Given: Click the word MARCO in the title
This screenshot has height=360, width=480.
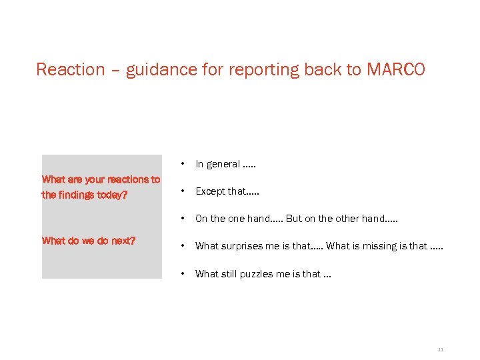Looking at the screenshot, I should tap(395, 69).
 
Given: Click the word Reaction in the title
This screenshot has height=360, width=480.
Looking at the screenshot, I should tap(71, 69).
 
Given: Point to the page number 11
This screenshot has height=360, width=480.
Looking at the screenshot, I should tap(441, 349).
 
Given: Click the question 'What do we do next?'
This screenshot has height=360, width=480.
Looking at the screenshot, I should tap(89, 241).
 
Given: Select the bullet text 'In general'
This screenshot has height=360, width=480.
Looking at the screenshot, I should tap(217, 164).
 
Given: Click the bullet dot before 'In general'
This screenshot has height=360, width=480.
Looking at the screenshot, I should tap(182, 164).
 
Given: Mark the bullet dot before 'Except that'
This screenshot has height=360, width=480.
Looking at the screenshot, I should tap(182, 191).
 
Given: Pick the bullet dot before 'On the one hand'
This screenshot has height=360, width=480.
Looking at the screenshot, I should tap(182, 219).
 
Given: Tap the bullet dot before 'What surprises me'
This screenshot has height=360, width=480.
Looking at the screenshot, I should tap(182, 246).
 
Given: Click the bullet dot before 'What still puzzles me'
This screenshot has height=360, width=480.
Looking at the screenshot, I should tap(182, 273).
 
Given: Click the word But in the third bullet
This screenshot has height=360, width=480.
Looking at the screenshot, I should tap(294, 219).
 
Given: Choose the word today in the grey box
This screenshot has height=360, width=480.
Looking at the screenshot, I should tap(113, 195).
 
